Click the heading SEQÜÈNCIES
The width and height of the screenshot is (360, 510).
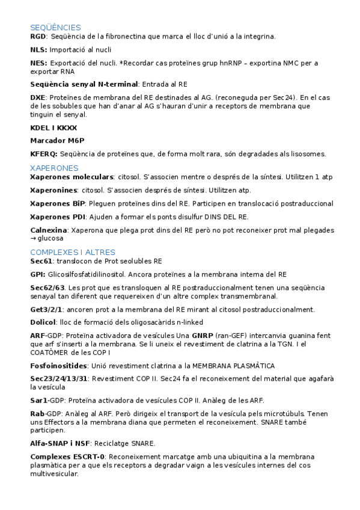click(55, 28)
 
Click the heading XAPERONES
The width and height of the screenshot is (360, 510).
click(54, 168)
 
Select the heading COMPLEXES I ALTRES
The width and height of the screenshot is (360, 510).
click(73, 253)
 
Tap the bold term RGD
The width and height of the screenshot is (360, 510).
click(37, 37)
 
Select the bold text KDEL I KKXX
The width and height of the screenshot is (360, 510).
click(53, 127)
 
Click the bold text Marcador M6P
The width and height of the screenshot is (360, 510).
click(57, 140)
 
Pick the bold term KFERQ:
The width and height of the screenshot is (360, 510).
click(44, 154)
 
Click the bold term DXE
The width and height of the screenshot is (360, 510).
click(37, 97)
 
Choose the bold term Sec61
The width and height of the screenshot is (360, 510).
click(41, 262)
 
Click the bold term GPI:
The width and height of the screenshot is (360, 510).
click(38, 274)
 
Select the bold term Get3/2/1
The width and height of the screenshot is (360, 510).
click(46, 310)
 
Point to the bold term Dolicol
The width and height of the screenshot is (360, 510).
click(43, 322)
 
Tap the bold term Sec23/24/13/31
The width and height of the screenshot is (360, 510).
click(59, 379)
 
